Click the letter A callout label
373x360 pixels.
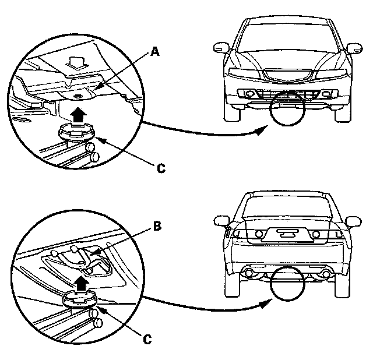154,52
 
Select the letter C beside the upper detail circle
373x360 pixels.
161,169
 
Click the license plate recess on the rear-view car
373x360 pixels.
285,235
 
